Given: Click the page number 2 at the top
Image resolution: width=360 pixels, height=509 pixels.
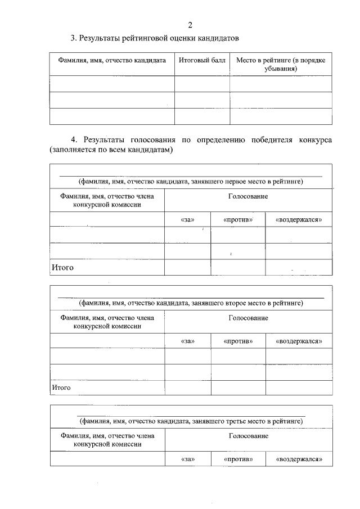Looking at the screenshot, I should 190,25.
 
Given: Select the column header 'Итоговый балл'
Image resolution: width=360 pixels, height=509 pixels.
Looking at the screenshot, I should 202,60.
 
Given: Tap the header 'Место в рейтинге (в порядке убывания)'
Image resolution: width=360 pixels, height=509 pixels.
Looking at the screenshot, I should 280,64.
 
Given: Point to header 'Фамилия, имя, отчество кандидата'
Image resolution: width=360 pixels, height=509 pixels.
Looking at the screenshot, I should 111,60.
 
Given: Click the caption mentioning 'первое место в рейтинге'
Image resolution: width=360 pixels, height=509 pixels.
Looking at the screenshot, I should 191,181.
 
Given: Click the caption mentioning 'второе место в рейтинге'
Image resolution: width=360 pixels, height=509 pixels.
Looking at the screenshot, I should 191,303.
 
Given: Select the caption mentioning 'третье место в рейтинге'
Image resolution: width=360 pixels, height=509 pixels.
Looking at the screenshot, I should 191,420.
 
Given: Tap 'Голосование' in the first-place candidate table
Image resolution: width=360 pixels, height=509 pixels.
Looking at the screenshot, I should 248,196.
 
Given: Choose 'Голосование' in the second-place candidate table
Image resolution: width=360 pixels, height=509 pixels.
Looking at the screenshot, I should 248,318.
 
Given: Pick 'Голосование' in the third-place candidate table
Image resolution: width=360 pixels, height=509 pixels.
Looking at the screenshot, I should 248,436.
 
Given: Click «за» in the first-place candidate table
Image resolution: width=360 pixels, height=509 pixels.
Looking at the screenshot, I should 187,220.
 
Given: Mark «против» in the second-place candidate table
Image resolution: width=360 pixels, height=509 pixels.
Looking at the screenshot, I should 238,341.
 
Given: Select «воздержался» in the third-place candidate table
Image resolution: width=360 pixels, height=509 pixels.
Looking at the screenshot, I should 299,460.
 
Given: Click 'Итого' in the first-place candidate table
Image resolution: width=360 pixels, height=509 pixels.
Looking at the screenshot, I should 63,268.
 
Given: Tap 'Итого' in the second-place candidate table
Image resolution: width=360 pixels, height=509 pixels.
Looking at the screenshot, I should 61,388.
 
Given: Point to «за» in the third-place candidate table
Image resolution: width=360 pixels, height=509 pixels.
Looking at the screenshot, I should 187,460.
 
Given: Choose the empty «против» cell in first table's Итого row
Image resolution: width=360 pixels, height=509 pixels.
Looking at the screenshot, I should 238,268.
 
